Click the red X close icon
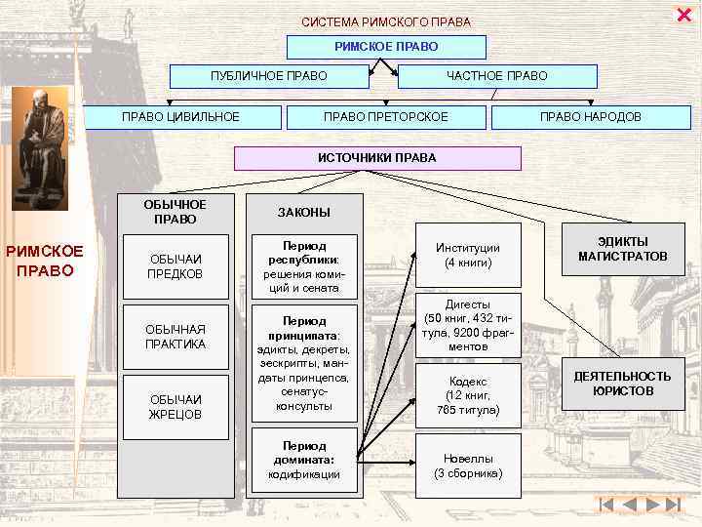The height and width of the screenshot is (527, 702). (682, 13)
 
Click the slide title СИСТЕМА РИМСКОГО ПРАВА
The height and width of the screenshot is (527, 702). (386, 21)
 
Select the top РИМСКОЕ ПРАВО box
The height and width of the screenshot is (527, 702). (386, 47)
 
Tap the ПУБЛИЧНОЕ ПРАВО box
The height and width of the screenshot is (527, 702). (269, 76)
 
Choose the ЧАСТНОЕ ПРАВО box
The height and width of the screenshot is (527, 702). (497, 76)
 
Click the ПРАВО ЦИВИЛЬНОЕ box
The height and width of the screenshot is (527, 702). (180, 117)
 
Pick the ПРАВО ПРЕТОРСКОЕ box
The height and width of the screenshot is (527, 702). (386, 117)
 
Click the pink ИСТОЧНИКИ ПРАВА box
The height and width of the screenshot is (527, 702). (377, 158)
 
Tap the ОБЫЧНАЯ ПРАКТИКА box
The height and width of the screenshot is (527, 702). (175, 337)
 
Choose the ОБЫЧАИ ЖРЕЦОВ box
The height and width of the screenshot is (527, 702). (175, 407)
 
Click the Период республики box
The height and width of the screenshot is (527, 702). (304, 266)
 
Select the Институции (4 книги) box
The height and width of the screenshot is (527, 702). (468, 256)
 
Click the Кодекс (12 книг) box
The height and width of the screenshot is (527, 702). (468, 395)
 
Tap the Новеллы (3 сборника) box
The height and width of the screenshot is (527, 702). (468, 465)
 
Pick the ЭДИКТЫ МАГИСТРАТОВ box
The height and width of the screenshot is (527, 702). (622, 249)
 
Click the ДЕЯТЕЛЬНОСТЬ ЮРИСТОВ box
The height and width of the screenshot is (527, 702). (622, 384)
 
